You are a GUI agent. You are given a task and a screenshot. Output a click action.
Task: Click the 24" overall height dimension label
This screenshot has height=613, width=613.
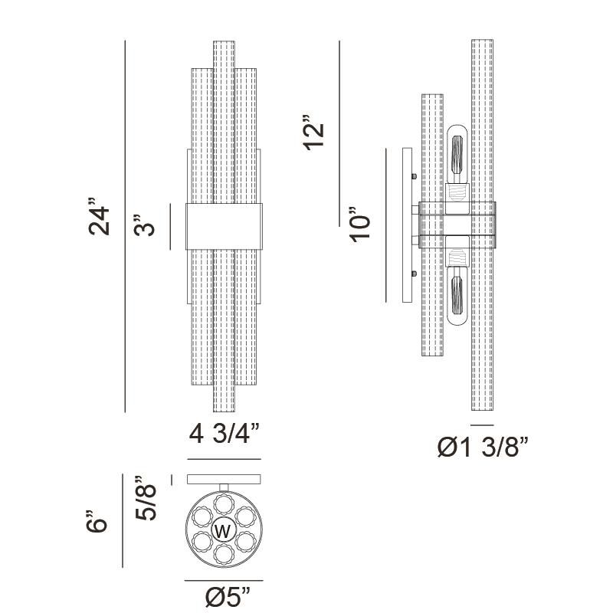tap(100, 216)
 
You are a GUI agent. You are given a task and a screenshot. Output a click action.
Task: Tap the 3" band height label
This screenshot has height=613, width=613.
tap(143, 225)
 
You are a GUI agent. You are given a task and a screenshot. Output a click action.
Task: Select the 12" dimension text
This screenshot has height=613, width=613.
tap(314, 133)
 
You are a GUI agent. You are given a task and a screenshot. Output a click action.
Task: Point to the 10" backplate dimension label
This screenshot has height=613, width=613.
tap(359, 225)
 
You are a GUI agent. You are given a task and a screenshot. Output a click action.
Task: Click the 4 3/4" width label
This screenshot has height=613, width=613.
tap(225, 433)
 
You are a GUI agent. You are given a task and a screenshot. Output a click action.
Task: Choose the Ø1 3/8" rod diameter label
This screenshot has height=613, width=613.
tap(483, 447)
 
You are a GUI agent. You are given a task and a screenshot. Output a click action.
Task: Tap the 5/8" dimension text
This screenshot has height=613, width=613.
tap(146, 497)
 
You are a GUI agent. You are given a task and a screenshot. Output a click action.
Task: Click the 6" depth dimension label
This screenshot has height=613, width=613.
tap(96, 521)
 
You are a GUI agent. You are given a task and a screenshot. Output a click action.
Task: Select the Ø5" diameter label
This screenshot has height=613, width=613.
tap(227, 597)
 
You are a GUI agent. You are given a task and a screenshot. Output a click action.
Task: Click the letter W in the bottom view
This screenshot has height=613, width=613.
tap(223, 531)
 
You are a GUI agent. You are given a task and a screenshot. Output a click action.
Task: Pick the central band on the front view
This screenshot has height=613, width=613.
tap(224, 226)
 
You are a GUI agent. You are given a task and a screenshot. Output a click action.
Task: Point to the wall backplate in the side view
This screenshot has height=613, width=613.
tap(407, 225)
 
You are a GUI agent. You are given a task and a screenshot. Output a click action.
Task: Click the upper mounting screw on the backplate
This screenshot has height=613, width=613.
tap(414, 176)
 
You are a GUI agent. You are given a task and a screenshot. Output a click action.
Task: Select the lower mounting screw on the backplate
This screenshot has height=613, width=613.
tap(414, 274)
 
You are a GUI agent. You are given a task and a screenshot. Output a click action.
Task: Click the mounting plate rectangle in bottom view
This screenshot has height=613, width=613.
tap(224, 479)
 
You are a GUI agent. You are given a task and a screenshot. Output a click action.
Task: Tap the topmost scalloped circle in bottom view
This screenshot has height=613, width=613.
tap(224, 504)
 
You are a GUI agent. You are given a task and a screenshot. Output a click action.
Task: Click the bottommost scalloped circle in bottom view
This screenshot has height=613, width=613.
tap(224, 554)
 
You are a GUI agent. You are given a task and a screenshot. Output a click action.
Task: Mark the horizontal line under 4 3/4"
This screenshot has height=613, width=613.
tap(224, 459)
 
